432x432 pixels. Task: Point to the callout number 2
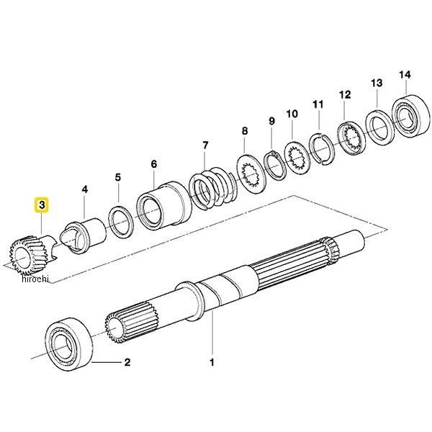click(127, 363)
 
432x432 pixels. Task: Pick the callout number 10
click(292, 114)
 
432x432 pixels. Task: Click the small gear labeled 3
click(29, 256)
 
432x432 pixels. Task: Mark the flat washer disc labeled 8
click(252, 172)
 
